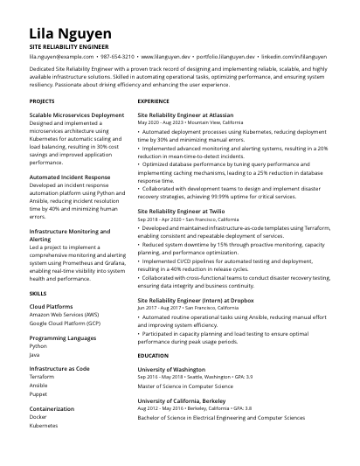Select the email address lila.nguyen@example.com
pos(61,56)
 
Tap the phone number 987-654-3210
pos(117,56)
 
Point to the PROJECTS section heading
pos(42,101)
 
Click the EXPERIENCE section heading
pos(154,101)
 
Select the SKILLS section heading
pos(38,294)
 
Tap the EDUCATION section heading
pos(153,356)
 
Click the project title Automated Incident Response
pos(70,177)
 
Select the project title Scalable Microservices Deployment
pos(77,115)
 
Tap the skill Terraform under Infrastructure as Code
pos(42,376)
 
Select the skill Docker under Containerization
pos(39,416)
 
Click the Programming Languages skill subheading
pos(63,337)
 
